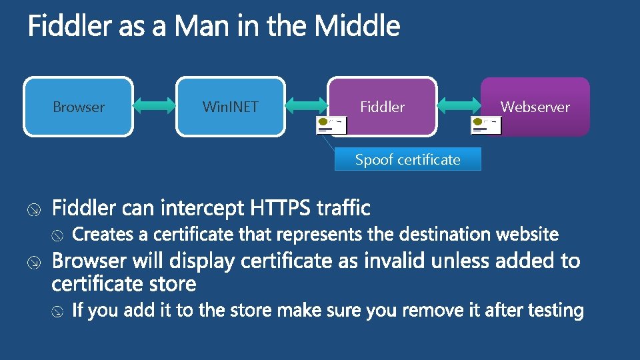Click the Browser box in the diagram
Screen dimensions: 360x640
79,107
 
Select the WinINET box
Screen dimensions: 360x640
230,107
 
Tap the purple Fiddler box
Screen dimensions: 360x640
382,107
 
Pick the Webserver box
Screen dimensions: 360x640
535,107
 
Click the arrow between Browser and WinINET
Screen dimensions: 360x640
155,107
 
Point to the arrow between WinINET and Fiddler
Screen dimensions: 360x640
307,107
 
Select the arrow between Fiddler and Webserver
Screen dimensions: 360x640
459,107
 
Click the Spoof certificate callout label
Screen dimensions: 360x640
407,160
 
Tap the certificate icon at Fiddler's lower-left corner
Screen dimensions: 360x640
331,125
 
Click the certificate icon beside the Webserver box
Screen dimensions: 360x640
486,125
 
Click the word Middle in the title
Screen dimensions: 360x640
357,27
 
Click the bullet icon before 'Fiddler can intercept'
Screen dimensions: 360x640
36,210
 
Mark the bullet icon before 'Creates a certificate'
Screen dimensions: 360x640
58,235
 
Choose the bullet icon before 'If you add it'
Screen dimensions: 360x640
58,311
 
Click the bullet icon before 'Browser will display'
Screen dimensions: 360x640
36,262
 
